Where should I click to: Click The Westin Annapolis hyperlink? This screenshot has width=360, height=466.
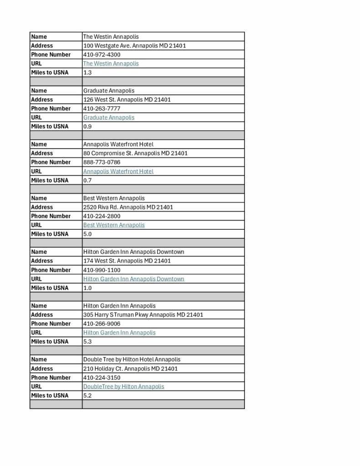(111, 64)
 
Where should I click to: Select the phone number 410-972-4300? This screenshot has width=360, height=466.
(102, 55)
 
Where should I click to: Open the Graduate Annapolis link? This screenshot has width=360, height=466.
(109, 117)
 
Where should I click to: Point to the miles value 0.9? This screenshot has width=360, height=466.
(87, 127)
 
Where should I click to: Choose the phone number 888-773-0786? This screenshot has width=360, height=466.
(102, 162)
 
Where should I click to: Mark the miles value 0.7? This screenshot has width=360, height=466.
(87, 180)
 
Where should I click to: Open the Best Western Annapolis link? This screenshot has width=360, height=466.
(114, 225)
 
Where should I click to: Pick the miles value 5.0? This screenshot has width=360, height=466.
(87, 234)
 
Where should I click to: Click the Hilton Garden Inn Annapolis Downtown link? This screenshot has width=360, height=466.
(133, 279)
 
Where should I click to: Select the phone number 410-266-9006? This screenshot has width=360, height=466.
(102, 324)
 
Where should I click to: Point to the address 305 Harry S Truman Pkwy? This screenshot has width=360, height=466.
(143, 314)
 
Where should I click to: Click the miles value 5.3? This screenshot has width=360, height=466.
(87, 341)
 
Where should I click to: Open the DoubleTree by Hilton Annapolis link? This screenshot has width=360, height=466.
(123, 386)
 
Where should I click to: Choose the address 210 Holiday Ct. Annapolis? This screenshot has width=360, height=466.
(130, 369)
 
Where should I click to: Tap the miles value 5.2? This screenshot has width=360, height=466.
(87, 395)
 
